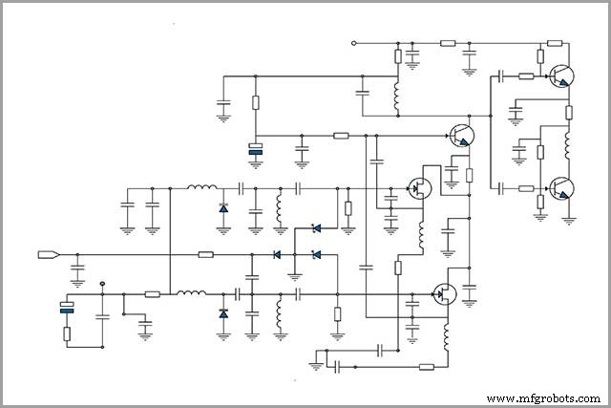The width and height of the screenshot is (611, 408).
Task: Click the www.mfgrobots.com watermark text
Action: (542, 397)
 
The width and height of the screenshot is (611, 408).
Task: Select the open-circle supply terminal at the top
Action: (354, 43)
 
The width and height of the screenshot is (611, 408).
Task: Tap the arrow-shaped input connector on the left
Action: (49, 254)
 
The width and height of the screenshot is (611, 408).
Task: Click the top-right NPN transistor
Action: (562, 76)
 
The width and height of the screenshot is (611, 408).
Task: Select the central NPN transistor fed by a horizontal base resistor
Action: (461, 137)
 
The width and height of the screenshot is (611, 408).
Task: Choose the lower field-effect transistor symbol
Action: (443, 294)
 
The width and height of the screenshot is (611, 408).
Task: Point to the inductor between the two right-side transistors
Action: (568, 145)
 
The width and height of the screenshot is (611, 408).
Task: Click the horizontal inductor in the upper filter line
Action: (200, 187)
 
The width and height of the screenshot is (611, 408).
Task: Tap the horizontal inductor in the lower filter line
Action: (192, 293)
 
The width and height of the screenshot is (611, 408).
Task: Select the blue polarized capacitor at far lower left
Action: (67, 307)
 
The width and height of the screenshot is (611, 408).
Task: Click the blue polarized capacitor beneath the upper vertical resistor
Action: (255, 148)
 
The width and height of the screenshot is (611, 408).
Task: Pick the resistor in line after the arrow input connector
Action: (205, 254)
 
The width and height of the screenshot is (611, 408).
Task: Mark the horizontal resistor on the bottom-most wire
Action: (426, 365)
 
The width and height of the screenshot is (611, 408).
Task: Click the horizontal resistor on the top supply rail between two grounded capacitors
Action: (448, 43)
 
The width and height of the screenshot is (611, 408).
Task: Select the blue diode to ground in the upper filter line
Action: (223, 207)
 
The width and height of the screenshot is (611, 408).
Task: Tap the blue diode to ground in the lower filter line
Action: (223, 313)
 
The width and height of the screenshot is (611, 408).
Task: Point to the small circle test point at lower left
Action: (103, 284)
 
